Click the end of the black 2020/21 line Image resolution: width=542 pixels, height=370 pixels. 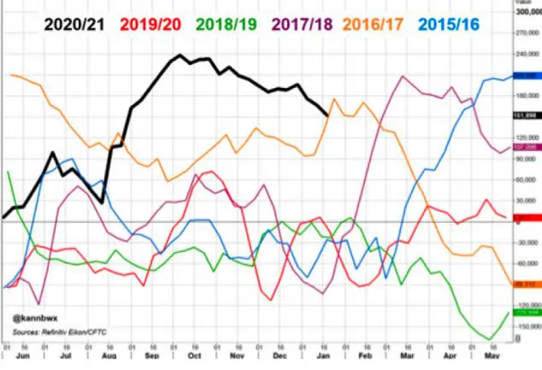click(x=327, y=115)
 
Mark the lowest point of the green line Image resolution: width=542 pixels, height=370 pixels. click(x=488, y=338)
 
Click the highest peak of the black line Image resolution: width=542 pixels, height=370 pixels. click(x=181, y=56)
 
